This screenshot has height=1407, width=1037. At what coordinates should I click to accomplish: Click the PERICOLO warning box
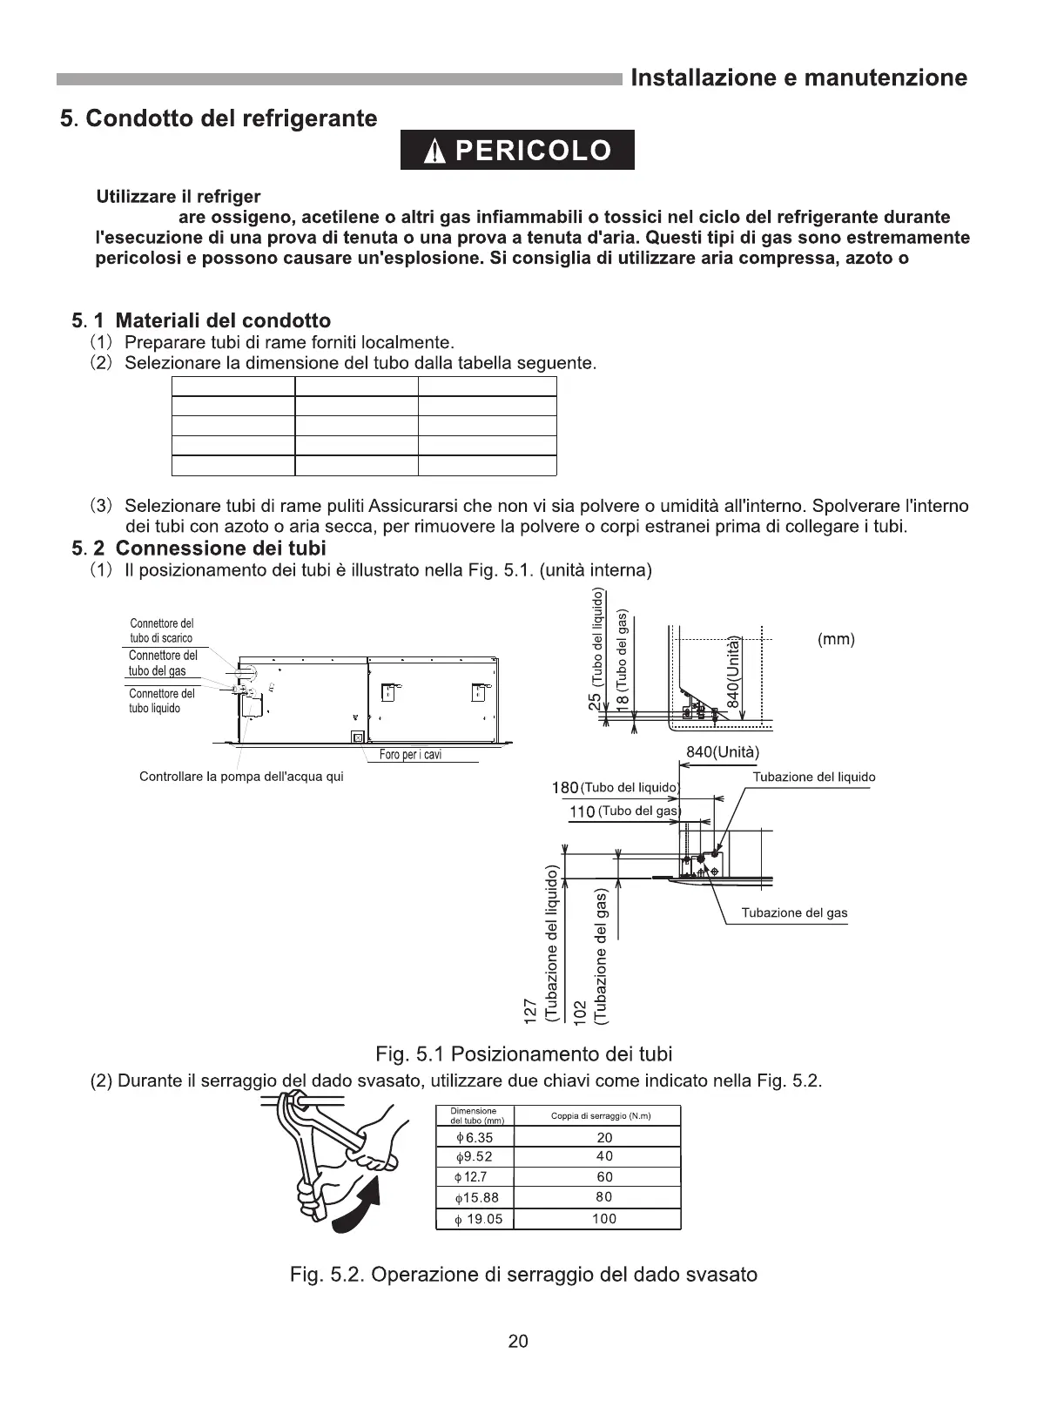coord(517,151)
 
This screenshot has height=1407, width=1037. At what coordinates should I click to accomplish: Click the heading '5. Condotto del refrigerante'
coord(219,118)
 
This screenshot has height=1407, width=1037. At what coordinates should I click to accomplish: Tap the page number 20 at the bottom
coord(518,1342)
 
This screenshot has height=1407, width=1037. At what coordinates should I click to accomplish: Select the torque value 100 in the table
coord(603,1219)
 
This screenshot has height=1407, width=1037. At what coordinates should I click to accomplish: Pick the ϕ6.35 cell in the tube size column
coord(475,1138)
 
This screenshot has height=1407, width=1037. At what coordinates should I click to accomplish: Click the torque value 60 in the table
coord(604,1177)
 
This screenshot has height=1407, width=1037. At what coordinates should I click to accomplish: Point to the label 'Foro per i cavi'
coord(410,755)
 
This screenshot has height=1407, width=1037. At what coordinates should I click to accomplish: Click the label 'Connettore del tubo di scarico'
coord(161,630)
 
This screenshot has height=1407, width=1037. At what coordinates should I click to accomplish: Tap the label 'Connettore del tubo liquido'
coord(161,701)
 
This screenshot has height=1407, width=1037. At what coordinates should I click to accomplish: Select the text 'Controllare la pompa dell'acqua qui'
coord(241,777)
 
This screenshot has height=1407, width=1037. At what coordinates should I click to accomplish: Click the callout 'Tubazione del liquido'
coord(813,778)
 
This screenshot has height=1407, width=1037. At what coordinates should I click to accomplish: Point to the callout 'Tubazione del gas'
coord(793,913)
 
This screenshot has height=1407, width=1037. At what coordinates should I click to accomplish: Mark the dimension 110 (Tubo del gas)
coord(624,811)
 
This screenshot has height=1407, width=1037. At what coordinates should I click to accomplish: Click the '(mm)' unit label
coord(836,640)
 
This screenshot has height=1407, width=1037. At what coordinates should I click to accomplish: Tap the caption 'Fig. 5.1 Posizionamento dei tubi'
coord(523,1054)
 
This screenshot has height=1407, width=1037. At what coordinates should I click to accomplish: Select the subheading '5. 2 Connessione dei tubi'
coord(199,549)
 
